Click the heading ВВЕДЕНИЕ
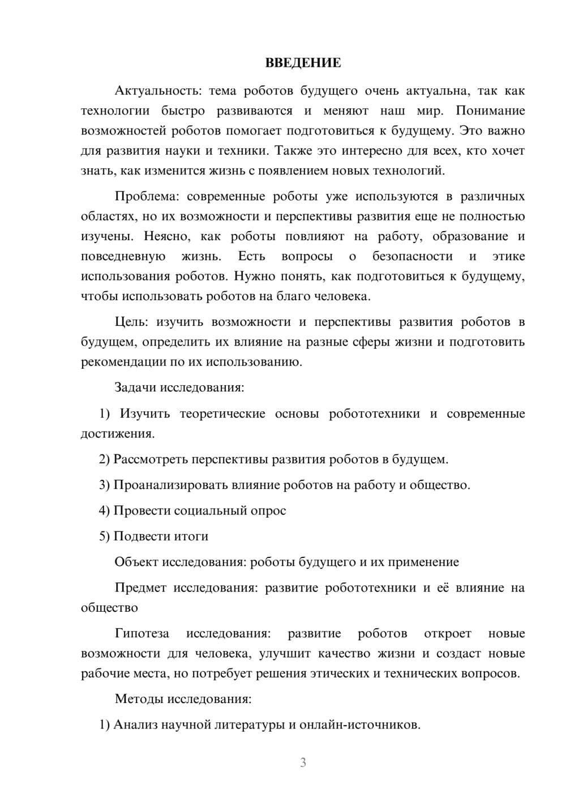[303, 63]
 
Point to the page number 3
[303, 762]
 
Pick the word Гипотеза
[141, 633]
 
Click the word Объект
[136, 562]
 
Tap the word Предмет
[140, 587]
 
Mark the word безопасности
[413, 256]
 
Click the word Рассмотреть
[151, 459]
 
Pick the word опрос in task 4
[268, 510]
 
